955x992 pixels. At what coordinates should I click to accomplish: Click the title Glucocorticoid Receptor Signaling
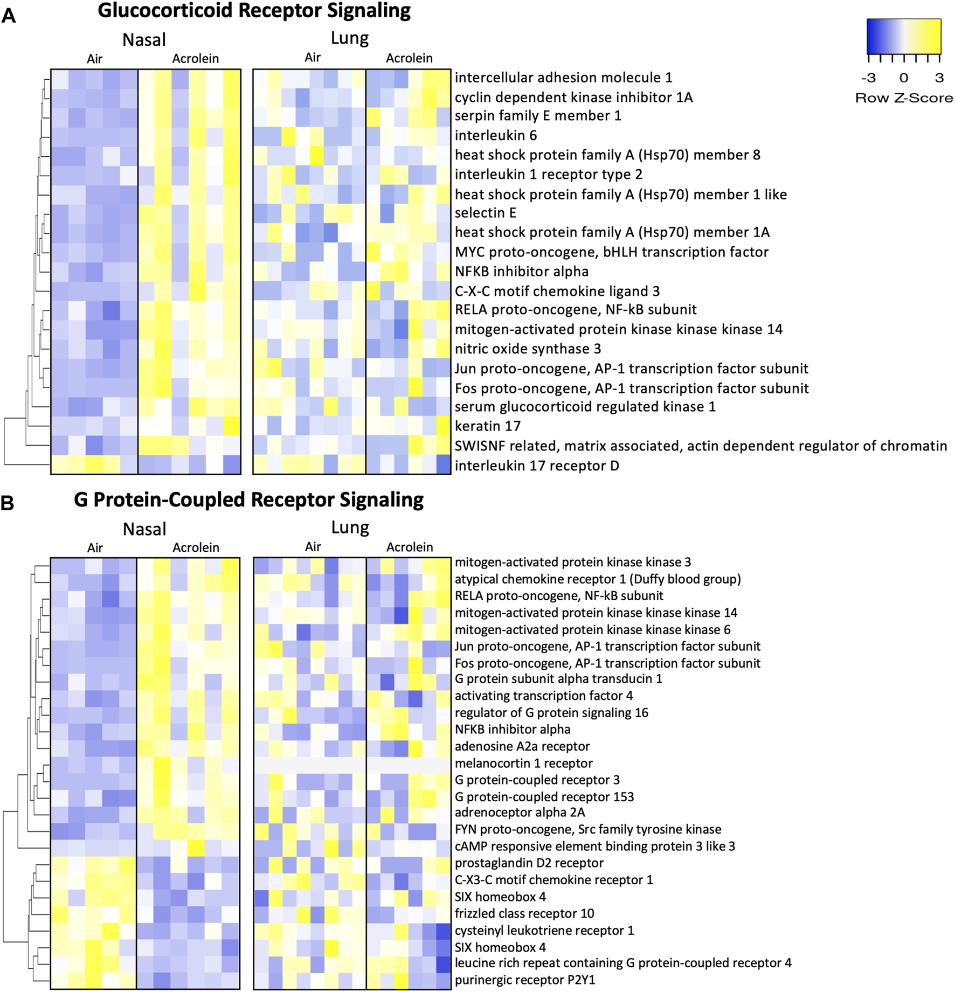tap(254, 11)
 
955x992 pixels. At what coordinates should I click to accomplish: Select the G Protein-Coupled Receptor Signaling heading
tap(248, 500)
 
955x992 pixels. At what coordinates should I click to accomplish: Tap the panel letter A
tap(9, 16)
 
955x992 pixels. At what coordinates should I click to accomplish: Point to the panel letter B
tap(8, 503)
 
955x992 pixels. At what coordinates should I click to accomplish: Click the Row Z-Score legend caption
tap(904, 98)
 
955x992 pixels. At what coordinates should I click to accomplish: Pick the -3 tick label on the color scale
tap(868, 78)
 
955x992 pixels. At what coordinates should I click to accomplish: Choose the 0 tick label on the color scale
tap(904, 78)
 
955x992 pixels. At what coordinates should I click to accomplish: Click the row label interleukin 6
tap(496, 135)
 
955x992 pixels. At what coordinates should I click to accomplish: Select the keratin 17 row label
tap(488, 426)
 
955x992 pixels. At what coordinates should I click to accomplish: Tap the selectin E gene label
tap(486, 213)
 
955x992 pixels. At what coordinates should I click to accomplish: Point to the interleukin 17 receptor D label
tap(537, 466)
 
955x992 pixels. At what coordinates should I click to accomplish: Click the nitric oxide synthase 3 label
tap(528, 349)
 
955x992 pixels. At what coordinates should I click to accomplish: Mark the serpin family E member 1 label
tap(538, 116)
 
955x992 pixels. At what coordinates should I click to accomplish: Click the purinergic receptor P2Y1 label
tap(525, 980)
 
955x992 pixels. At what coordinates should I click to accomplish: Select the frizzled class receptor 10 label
tap(524, 913)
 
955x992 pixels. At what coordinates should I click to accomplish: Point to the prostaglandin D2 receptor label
tap(529, 863)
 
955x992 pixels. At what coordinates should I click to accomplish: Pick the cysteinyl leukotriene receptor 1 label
tap(544, 930)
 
